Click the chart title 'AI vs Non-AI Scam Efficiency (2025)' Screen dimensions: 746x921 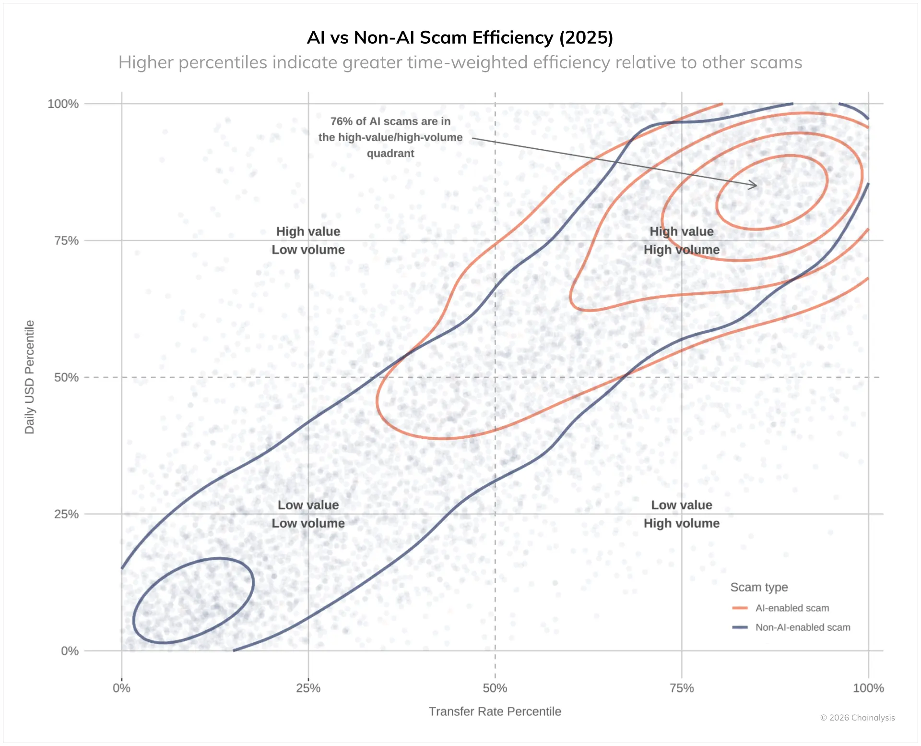coord(460,37)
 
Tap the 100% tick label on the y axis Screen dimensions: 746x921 coord(63,104)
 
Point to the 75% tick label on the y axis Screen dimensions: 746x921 coord(66,241)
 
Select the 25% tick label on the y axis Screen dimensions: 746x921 coord(66,514)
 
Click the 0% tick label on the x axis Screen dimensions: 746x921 coord(121,688)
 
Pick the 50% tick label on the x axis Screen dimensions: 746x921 coord(495,688)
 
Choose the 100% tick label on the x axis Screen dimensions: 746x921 coord(868,688)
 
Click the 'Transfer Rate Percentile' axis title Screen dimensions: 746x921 coord(495,711)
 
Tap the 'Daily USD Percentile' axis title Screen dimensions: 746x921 coord(30,377)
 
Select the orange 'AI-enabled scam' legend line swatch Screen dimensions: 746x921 coord(740,608)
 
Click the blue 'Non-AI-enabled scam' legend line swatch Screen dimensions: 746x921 coord(740,627)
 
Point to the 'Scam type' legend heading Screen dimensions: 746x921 coord(759,587)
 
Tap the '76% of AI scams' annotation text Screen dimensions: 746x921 coord(390,137)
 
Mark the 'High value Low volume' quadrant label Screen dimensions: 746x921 coord(308,241)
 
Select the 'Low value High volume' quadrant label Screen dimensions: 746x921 coord(681,514)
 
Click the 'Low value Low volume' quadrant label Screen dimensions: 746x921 coord(308,514)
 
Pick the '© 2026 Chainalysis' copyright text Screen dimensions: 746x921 coord(857,718)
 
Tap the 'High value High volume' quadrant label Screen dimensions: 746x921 coord(681,241)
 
